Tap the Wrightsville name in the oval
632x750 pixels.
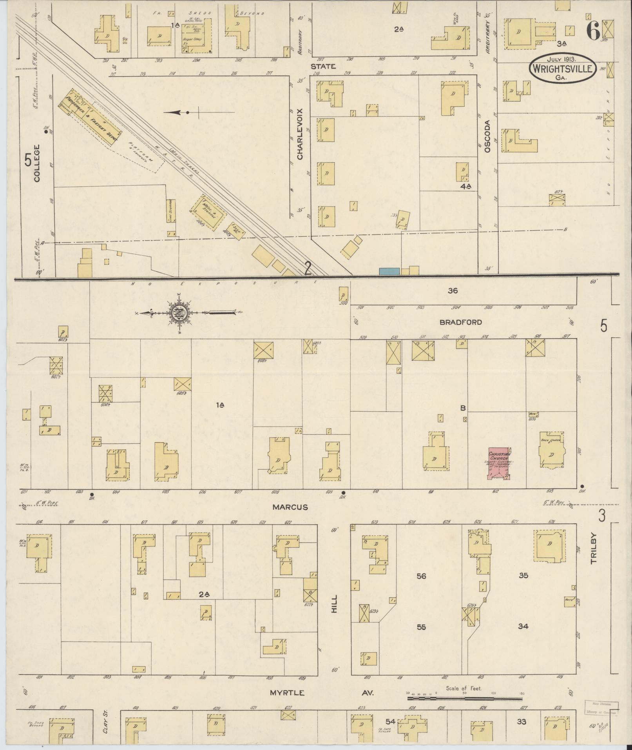562,69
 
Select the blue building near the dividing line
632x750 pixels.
389,271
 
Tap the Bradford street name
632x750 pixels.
460,322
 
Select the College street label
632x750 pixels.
37,163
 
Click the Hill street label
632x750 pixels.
334,603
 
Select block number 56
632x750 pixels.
421,576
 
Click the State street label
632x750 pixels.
323,66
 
